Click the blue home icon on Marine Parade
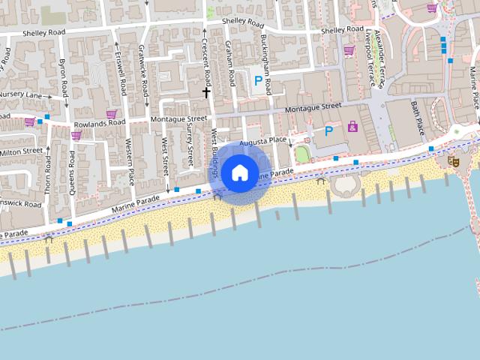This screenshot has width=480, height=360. [239, 172]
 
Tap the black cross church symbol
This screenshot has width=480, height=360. [206, 91]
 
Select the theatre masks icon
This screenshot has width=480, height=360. [452, 160]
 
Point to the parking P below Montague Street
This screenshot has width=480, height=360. [328, 130]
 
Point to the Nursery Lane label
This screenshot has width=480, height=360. [20, 96]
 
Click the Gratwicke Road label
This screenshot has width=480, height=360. [143, 72]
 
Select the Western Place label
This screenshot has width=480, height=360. [130, 162]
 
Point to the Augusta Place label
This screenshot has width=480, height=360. [263, 140]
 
